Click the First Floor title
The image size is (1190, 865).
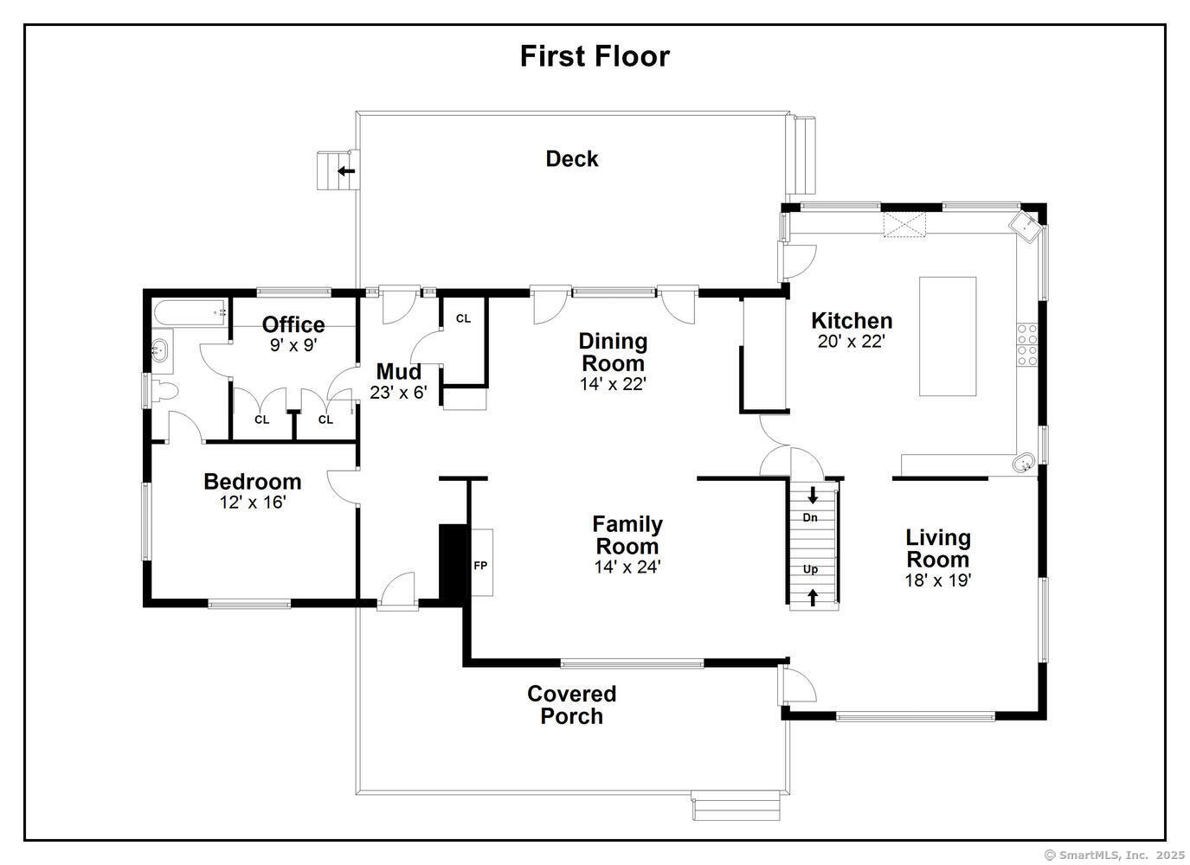click(595, 56)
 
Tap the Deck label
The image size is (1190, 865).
click(571, 159)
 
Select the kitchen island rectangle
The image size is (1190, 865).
click(948, 336)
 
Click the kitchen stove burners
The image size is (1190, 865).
click(1027, 344)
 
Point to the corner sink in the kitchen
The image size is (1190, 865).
click(1025, 227)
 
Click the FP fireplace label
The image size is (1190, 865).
click(480, 566)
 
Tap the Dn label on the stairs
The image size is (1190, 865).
click(809, 517)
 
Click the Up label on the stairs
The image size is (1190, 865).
click(810, 569)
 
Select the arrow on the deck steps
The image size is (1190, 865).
click(346, 171)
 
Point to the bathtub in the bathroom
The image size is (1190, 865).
click(190, 312)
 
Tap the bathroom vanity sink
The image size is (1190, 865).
click(160, 350)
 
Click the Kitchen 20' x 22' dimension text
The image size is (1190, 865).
click(851, 342)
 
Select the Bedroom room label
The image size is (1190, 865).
click(253, 482)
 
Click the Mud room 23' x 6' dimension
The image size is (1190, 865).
click(398, 393)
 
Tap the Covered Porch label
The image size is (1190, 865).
click(571, 705)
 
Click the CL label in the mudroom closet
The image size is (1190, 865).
click(463, 318)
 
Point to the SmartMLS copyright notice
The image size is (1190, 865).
click(1114, 855)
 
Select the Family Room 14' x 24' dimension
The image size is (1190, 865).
click(627, 567)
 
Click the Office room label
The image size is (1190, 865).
click(293, 324)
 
